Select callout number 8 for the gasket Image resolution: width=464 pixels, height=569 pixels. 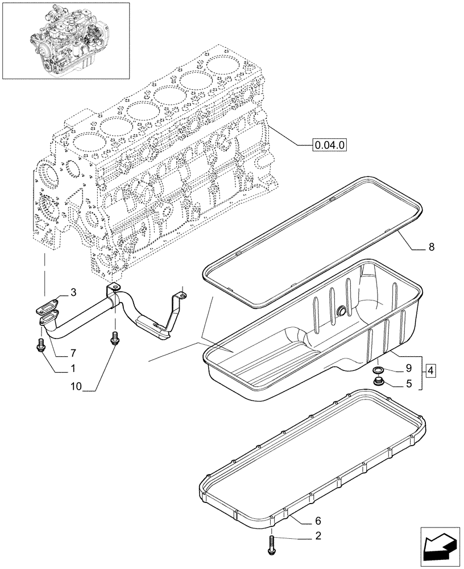(431, 247)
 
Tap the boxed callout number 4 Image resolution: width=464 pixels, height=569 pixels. (430, 371)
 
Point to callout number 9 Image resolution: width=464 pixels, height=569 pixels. (408, 368)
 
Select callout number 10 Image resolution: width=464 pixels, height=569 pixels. (76, 387)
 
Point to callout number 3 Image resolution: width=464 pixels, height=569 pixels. (73, 292)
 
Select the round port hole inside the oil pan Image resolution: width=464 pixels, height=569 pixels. (341, 310)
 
